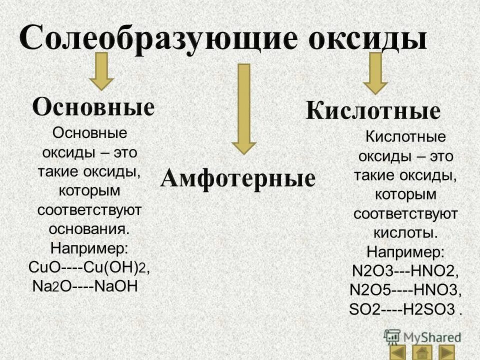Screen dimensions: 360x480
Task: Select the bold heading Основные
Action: point(93,107)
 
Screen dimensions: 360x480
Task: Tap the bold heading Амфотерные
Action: point(237,178)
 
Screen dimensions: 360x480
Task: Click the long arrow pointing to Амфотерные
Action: point(243,107)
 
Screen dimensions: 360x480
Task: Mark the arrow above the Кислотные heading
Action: point(375,73)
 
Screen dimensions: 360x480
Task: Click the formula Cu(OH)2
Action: point(115,267)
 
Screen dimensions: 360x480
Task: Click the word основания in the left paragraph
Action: point(89,228)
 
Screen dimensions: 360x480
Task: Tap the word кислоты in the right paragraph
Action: point(405,233)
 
